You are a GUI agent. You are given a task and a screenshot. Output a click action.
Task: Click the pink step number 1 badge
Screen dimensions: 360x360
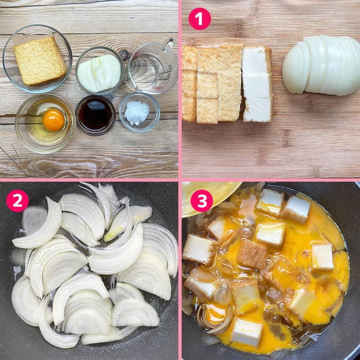pyautogui.click(x=200, y=19)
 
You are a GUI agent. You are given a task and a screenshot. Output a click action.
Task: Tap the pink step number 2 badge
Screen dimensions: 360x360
pyautogui.click(x=17, y=201)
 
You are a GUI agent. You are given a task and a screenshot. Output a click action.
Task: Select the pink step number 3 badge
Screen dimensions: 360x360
pyautogui.click(x=202, y=201)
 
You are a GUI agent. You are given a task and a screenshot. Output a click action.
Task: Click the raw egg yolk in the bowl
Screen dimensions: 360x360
pyautogui.click(x=53, y=120)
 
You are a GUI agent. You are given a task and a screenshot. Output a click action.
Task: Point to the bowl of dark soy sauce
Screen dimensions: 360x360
pyautogui.click(x=95, y=115)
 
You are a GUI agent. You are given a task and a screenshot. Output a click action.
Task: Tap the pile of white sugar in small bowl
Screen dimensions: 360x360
pyautogui.click(x=137, y=113)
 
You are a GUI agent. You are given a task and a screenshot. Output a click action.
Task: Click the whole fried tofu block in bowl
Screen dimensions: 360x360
pyautogui.click(x=40, y=61)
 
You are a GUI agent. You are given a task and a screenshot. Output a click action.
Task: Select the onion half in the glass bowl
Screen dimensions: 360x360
pyautogui.click(x=99, y=73)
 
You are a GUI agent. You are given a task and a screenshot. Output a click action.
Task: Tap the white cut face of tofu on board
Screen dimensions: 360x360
pyautogui.click(x=257, y=84)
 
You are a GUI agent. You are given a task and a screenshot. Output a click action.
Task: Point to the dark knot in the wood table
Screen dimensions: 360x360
pyautogui.click(x=124, y=54)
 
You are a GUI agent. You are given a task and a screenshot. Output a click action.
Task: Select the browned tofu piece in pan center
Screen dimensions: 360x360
pyautogui.click(x=252, y=254)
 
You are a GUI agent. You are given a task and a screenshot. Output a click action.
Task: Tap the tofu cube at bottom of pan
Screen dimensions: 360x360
pyautogui.click(x=247, y=332)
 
